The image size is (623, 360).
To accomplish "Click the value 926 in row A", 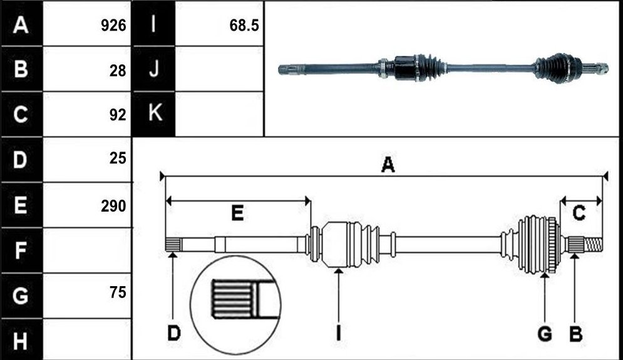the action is (x=113, y=26).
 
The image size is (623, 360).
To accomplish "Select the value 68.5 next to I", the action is (x=244, y=26).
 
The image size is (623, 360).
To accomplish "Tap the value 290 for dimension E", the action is (x=113, y=206).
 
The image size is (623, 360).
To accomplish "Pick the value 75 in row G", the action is (x=118, y=292).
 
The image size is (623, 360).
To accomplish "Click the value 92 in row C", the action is (x=118, y=115).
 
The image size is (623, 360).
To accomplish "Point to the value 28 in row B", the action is (x=118, y=71).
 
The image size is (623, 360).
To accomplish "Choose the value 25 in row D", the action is (x=118, y=158).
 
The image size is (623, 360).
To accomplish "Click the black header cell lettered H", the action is (x=22, y=340).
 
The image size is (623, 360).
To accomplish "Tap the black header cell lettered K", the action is (x=154, y=114).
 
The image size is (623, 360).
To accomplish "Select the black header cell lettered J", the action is (x=154, y=69).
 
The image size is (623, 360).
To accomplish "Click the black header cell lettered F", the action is (x=22, y=250).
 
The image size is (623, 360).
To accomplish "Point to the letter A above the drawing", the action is (x=388, y=165).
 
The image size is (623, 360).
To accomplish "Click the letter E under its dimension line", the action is (x=237, y=213).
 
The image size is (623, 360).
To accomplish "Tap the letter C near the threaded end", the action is (x=579, y=213).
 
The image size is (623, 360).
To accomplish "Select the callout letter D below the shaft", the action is (x=173, y=333).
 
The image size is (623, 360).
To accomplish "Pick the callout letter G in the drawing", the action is (x=545, y=333).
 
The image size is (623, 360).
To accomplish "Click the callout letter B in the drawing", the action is (x=575, y=333).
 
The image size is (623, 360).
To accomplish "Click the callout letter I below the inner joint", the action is (x=338, y=333).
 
